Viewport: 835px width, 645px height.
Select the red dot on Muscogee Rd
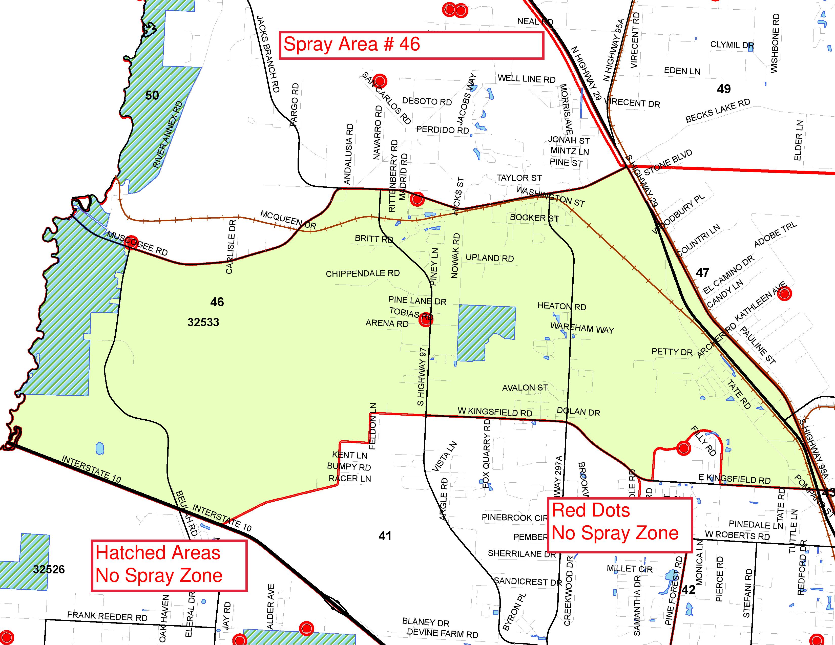coord(131,242)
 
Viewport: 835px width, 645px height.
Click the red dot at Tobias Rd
coord(426,319)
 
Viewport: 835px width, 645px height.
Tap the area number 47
coord(702,272)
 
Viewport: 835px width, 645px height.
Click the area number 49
coord(723,89)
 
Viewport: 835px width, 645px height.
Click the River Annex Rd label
coord(168,135)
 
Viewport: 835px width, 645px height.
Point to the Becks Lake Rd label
coord(718,111)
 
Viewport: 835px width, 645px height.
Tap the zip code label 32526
coord(49,569)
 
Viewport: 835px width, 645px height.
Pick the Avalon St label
coord(525,388)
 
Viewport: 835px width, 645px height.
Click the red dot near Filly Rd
coord(683,448)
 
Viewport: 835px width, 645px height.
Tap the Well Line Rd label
coord(526,79)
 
